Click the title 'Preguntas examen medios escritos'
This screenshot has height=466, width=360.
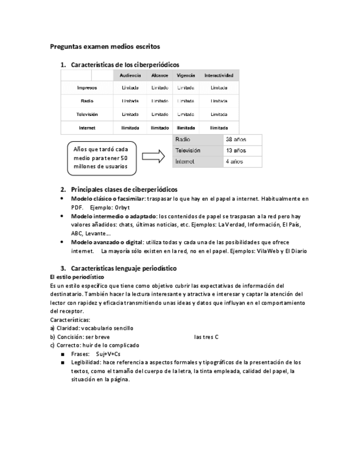(x=105, y=47)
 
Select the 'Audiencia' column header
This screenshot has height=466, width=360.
(x=130, y=75)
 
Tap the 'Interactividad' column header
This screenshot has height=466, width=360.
(x=219, y=75)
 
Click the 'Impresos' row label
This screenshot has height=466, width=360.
(x=87, y=88)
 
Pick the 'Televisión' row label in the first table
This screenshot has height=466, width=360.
(x=87, y=114)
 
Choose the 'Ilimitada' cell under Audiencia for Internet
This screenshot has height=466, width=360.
(x=130, y=127)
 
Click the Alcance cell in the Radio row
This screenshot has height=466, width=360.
(x=159, y=101)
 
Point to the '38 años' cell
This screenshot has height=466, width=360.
(x=236, y=140)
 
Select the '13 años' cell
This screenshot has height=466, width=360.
(x=236, y=151)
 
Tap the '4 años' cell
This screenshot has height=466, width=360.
(x=235, y=162)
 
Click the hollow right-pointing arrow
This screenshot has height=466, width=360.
(x=153, y=157)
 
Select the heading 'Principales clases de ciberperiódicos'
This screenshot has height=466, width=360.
(x=124, y=190)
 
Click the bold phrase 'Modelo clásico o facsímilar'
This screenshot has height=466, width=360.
(x=108, y=198)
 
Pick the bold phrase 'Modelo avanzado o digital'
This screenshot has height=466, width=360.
(x=107, y=242)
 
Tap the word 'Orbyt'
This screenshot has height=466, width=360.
(x=122, y=207)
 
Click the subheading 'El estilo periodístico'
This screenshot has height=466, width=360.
(x=77, y=277)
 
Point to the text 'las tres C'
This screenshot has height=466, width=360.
(x=206, y=337)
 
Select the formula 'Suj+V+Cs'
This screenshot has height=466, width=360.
(x=108, y=354)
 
